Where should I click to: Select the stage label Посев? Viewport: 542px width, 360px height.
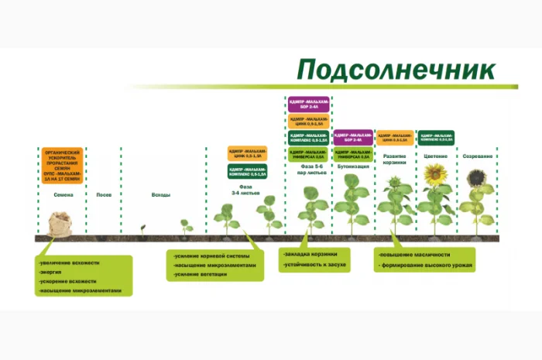(x=104, y=194)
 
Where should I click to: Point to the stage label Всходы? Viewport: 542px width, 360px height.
(x=160, y=194)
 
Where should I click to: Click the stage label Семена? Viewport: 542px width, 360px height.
(x=63, y=194)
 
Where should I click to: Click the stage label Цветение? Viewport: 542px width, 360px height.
(x=436, y=156)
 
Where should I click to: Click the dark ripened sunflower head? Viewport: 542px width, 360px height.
(x=476, y=177)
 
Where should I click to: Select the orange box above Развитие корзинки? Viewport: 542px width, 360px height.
(x=394, y=137)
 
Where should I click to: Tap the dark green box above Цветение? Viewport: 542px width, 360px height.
(x=436, y=137)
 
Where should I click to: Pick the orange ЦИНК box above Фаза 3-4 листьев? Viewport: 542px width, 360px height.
(x=247, y=153)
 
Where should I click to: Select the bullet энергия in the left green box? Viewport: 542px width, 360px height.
(x=53, y=272)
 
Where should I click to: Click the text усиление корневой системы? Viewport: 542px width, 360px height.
(x=208, y=254)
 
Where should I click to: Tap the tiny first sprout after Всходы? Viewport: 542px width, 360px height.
(x=142, y=228)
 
